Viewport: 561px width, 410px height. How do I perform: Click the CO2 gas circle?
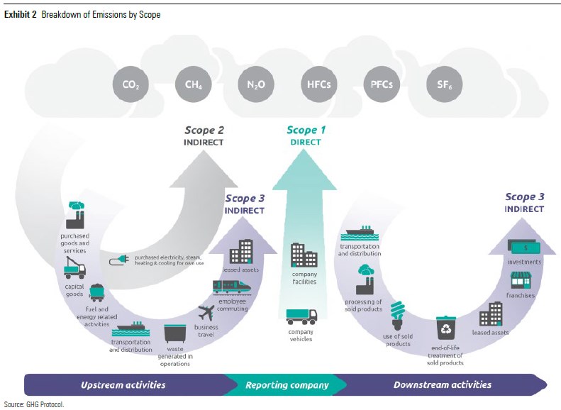[130, 84]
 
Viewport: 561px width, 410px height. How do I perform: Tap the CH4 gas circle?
[193, 84]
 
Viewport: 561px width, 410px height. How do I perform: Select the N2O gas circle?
[256, 84]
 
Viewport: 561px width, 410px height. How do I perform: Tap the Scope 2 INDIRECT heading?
[204, 135]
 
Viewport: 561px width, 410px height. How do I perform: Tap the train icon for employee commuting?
[232, 287]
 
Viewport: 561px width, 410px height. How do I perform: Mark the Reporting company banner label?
[287, 385]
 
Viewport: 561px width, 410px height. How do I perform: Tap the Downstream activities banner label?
[443, 385]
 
